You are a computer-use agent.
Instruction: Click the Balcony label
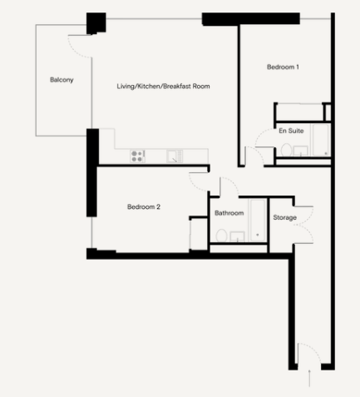[62, 80]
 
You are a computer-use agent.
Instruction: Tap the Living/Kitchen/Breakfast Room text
[163, 87]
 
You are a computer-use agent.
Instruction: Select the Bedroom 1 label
[283, 67]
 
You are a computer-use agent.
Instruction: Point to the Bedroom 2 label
[144, 206]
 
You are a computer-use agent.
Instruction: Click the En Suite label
[291, 131]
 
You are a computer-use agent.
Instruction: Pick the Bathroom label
[229, 213]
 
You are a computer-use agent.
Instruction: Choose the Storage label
[285, 217]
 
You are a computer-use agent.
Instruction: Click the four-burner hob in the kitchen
[137, 156]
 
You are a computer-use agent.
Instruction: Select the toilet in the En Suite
[286, 150]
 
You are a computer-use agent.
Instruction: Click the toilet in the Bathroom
[221, 236]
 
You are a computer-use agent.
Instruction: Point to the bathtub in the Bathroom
[258, 221]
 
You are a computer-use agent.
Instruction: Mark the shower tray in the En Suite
[321, 140]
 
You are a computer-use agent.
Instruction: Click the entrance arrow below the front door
[309, 378]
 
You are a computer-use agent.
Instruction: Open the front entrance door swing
[309, 353]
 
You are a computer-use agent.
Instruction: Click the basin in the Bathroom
[237, 236]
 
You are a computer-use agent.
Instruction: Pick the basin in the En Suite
[301, 151]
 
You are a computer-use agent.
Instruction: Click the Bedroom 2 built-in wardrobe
[199, 235]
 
